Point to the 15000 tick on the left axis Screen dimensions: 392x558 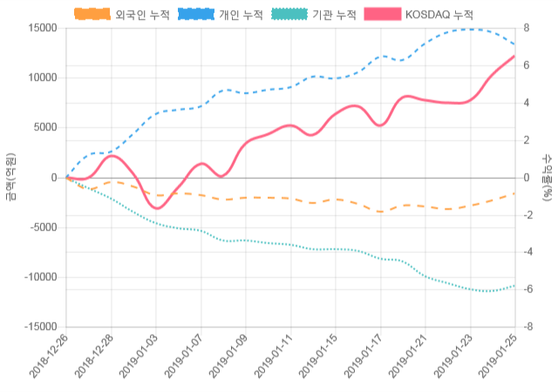[x=42, y=28]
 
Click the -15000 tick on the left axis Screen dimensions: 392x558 [x=39, y=327]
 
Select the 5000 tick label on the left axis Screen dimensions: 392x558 [x=44, y=127]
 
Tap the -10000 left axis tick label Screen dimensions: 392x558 [x=39, y=277]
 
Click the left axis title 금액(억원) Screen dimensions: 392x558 [x=10, y=177]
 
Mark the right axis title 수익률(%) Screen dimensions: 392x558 [x=548, y=177]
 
